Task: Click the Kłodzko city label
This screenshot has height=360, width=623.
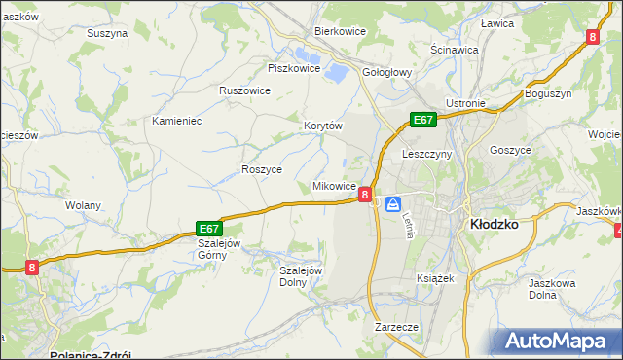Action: click(x=493, y=223)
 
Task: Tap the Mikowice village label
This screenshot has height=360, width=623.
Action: click(x=333, y=185)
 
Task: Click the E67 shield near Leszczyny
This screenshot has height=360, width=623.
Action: click(x=421, y=120)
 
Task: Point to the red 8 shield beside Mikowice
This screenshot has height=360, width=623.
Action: click(x=364, y=195)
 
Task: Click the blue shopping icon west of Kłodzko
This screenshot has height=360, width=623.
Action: click(x=393, y=203)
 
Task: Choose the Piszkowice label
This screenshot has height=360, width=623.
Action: click(x=294, y=68)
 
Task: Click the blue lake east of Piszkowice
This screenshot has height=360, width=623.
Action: click(x=336, y=70)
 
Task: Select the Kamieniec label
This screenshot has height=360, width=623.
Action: click(x=176, y=122)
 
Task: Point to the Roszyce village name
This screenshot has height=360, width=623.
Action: click(x=261, y=169)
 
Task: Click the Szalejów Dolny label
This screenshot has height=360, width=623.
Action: click(x=300, y=276)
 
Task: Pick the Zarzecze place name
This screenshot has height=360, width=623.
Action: click(x=396, y=328)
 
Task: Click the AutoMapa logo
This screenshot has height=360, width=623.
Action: click(x=559, y=342)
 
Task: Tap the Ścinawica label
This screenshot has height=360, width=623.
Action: click(x=454, y=49)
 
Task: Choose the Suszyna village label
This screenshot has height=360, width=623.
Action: click(x=107, y=32)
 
